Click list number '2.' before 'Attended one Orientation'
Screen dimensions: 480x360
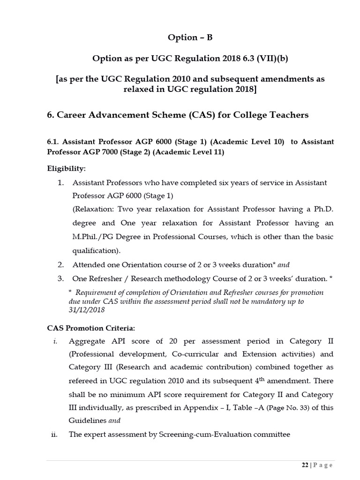pyautogui.click(x=60, y=264)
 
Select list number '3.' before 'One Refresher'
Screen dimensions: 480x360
pyautogui.click(x=60, y=278)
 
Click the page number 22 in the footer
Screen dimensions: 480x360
pyautogui.click(x=305, y=465)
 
